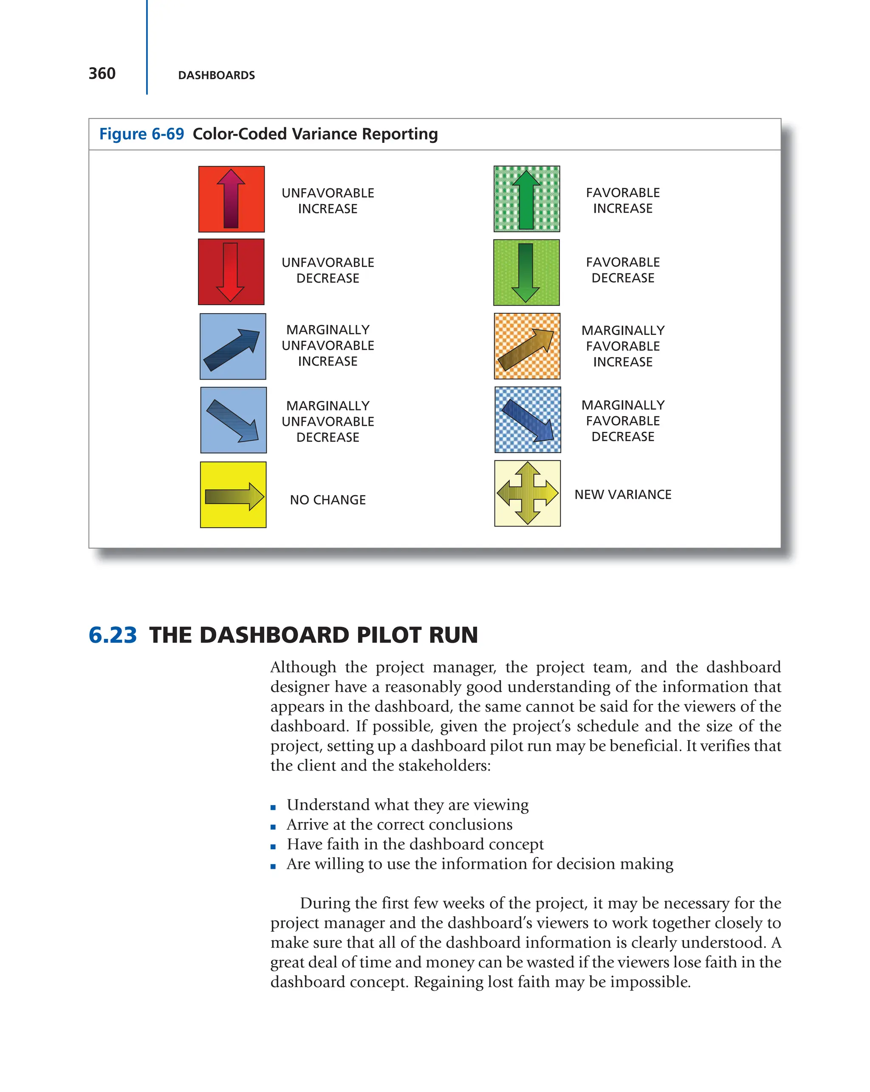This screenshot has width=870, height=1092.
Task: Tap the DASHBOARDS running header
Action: pos(216,76)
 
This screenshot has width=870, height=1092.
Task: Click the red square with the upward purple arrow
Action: pos(231,199)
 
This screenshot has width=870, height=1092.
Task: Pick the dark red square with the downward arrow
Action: pos(231,272)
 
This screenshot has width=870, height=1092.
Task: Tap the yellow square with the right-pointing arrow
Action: pos(233,495)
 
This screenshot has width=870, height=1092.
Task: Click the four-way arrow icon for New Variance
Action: pos(527,494)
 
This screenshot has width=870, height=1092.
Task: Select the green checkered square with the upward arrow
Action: pos(526,199)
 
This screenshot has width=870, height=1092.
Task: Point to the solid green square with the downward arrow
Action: pos(526,272)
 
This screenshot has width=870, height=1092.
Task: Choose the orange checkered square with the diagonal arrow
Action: pos(527,346)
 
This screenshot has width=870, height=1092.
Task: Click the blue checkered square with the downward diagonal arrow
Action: pos(527,420)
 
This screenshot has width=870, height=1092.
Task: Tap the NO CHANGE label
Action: pos(328,500)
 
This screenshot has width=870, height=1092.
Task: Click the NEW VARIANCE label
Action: pos(622,494)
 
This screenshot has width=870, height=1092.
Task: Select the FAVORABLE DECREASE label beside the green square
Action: pos(622,270)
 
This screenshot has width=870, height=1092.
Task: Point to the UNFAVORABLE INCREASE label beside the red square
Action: pos(328,201)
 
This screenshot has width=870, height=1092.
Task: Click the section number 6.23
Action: pos(112,635)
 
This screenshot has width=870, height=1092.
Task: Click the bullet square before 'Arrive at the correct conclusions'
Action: pos(273,827)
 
